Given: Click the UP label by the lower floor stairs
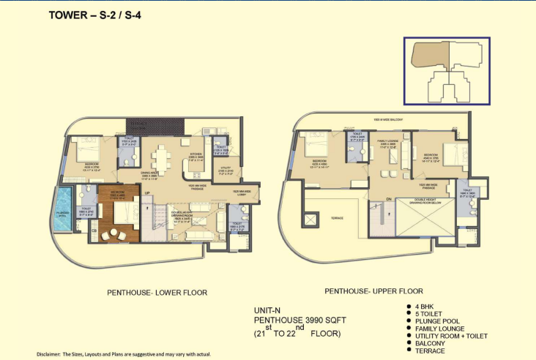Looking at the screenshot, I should click(147, 193).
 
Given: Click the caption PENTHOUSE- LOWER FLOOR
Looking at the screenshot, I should click(157, 293).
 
